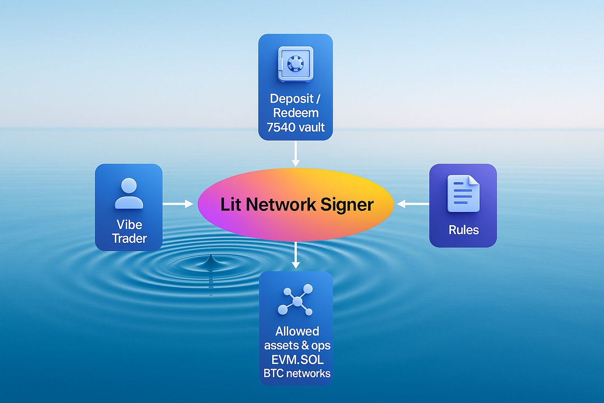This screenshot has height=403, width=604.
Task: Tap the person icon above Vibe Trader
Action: click(x=129, y=193)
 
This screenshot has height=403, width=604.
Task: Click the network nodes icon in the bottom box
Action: click(x=295, y=301)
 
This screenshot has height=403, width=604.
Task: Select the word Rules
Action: click(x=463, y=230)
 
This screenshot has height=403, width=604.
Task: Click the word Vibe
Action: click(x=129, y=224)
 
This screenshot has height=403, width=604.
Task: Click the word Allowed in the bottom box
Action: click(x=297, y=331)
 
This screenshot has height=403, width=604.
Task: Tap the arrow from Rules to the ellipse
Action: click(x=413, y=204)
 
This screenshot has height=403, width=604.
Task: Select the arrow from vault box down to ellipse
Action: click(x=295, y=153)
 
